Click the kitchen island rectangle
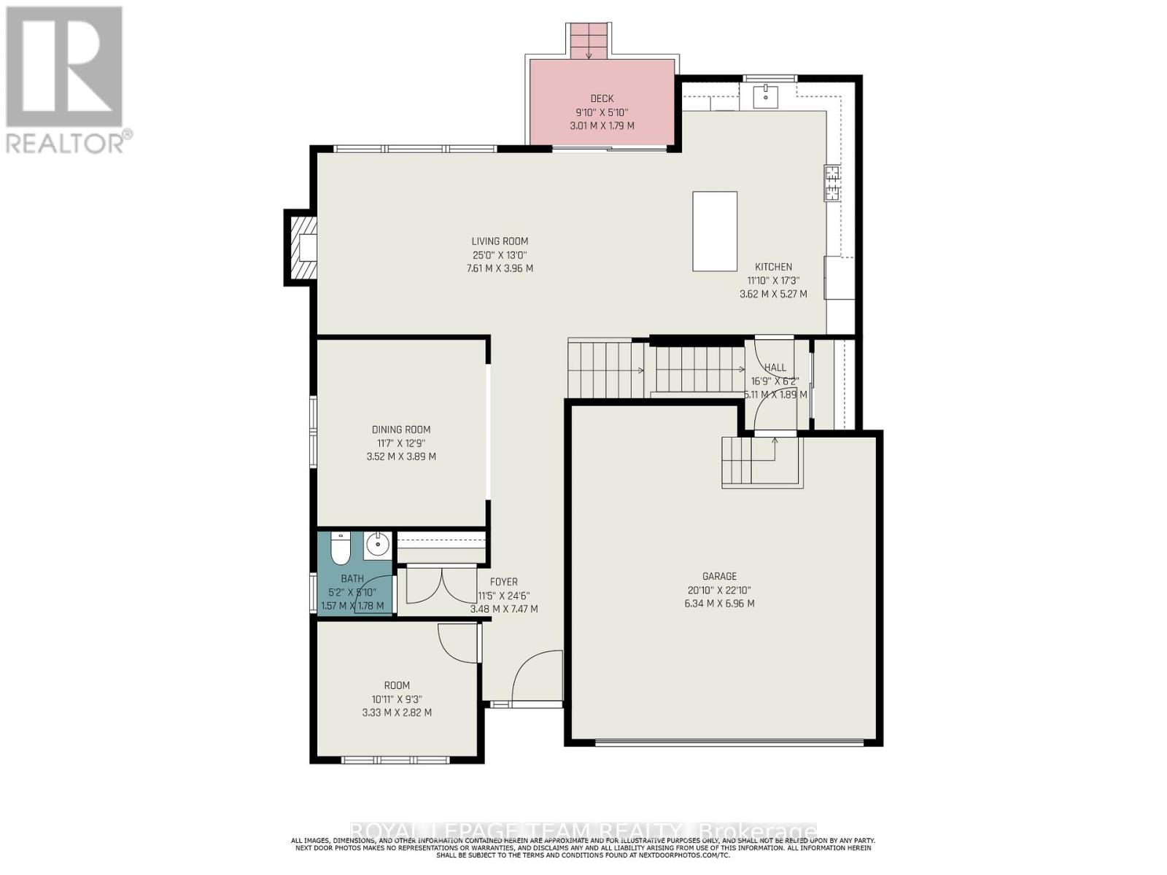click(714, 231)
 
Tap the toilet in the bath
click(340, 551)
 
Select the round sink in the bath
click(377, 545)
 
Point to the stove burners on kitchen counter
click(831, 183)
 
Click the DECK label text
click(602, 98)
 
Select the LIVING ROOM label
click(500, 241)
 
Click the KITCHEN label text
click(773, 267)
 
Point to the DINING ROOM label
click(401, 429)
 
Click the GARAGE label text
click(719, 576)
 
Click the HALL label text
click(775, 367)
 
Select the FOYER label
click(503, 582)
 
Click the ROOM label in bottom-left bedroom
click(397, 685)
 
